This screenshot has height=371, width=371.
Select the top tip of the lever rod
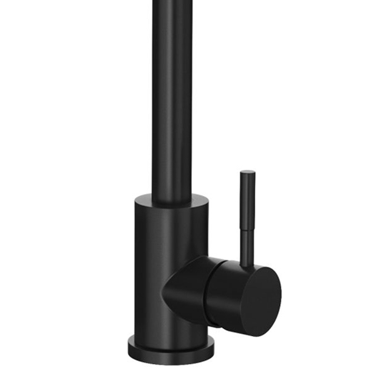(x=247, y=173)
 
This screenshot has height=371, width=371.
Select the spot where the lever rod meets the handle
(x=247, y=265)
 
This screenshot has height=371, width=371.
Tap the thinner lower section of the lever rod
(x=247, y=247)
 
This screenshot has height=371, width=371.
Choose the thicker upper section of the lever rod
(x=247, y=200)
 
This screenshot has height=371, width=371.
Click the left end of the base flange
(x=129, y=347)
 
